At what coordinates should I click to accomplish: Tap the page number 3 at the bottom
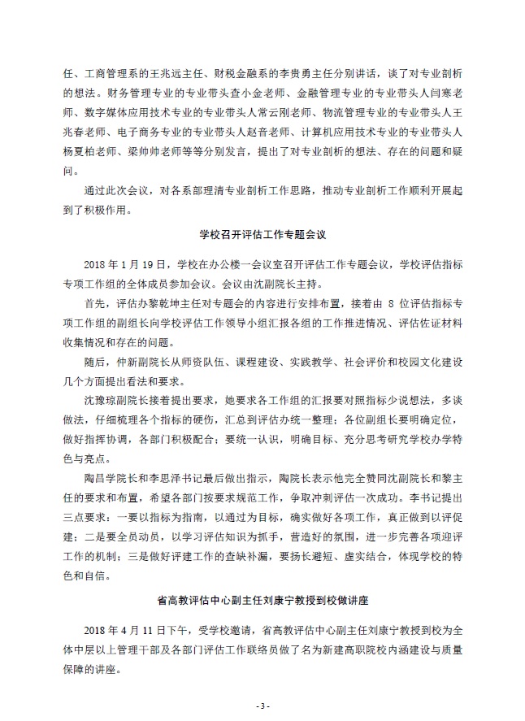pos(262,704)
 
